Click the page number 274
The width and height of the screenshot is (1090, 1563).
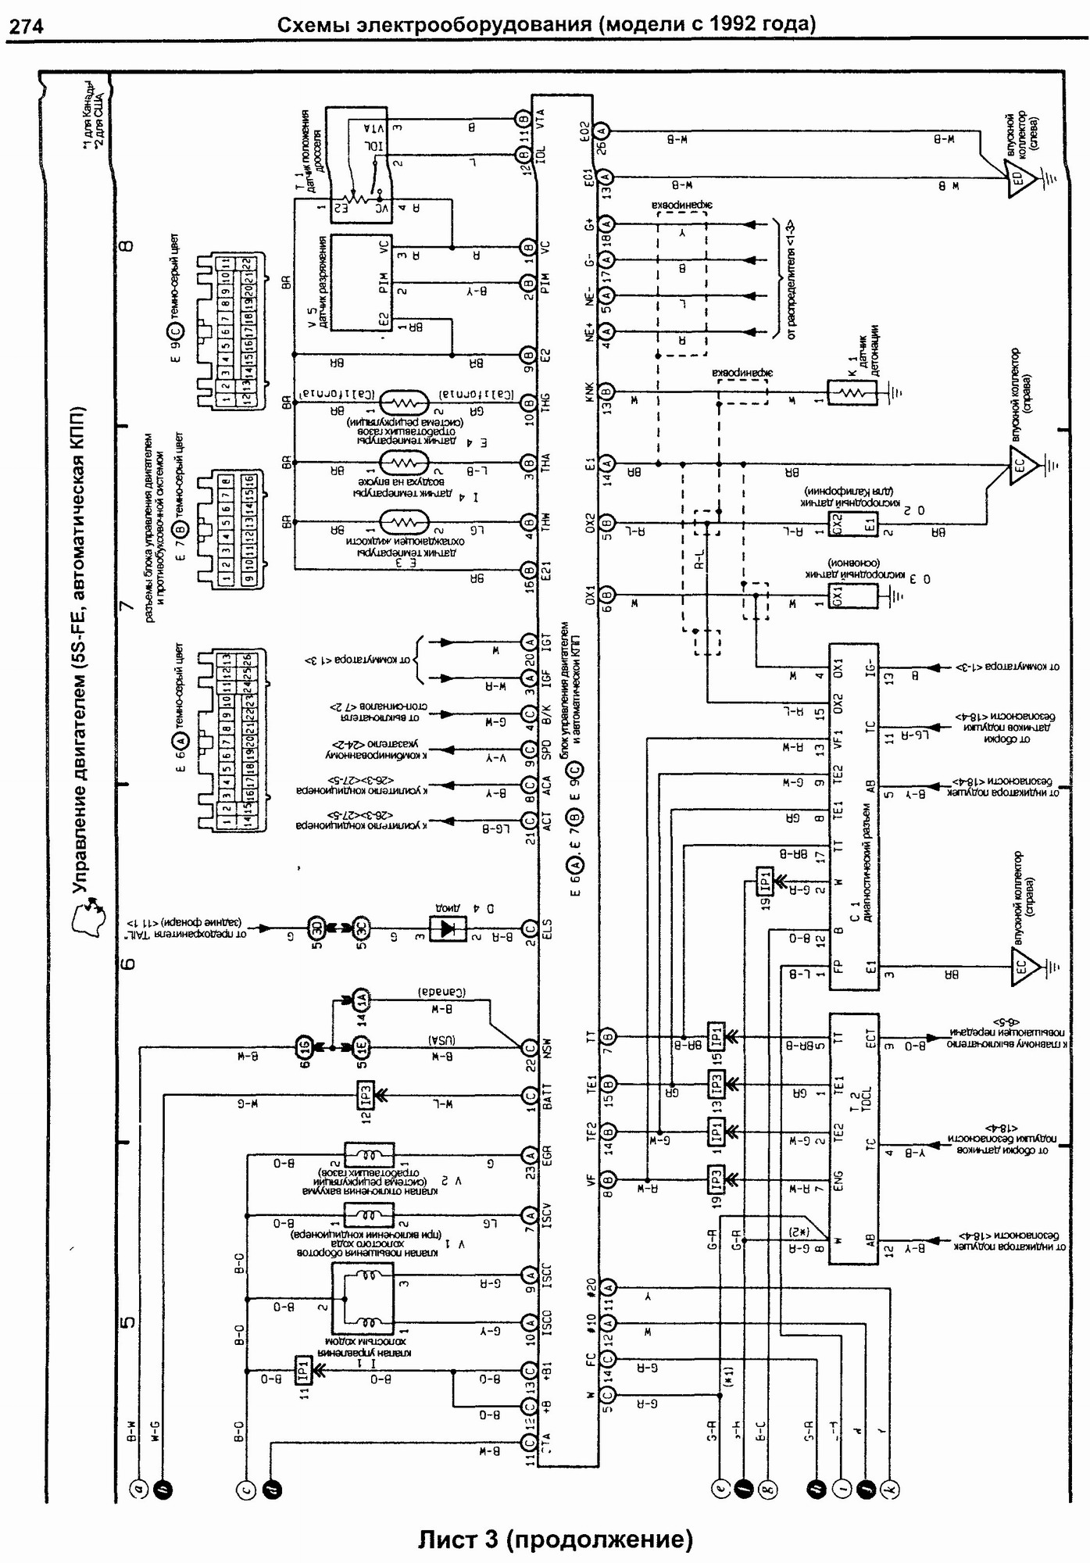(x=26, y=27)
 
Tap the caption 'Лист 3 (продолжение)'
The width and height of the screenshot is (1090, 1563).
(x=555, y=1539)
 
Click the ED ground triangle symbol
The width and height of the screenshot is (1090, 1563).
(x=1019, y=178)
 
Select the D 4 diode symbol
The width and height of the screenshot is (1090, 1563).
(x=448, y=928)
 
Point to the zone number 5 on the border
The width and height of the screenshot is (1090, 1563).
(x=127, y=1322)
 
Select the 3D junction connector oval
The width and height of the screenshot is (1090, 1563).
(x=316, y=928)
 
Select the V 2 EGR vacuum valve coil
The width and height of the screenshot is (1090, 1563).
(x=370, y=1154)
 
